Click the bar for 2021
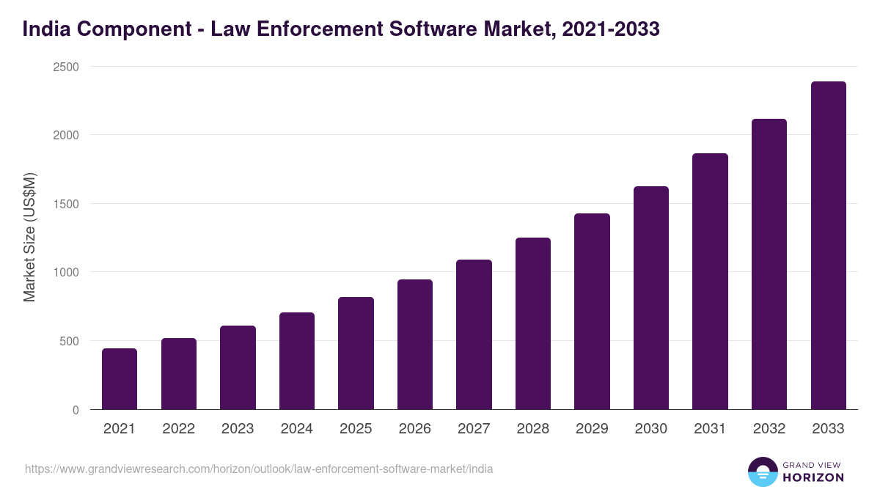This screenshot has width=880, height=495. tap(120, 379)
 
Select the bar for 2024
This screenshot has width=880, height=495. tap(297, 361)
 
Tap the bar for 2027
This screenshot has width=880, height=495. tap(474, 334)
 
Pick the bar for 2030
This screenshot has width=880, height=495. tap(651, 298)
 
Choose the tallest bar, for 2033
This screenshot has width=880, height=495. tap(828, 246)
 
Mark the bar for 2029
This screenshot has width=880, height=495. tap(592, 312)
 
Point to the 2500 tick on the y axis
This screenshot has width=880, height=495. tap(66, 67)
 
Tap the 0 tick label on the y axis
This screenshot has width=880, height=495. tap(76, 410)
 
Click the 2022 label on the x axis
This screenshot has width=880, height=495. tap(178, 429)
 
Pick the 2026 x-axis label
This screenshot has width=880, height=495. tap(415, 429)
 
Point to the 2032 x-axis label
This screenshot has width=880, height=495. tap(769, 429)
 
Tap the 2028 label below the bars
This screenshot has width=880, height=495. tap(533, 429)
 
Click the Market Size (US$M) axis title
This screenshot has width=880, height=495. tap(29, 238)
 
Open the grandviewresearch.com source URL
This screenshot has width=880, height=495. tap(259, 469)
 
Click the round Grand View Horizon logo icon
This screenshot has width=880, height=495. tap(763, 472)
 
